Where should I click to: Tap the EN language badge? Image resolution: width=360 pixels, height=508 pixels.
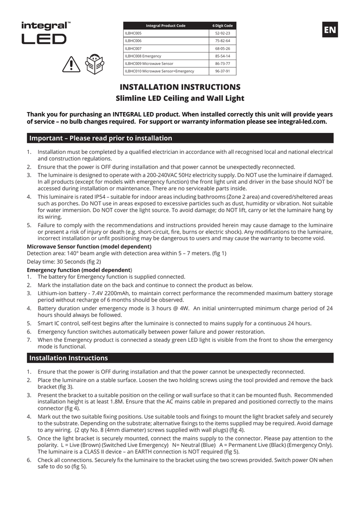click(329, 30)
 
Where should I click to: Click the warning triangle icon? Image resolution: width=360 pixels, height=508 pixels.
click(72, 64)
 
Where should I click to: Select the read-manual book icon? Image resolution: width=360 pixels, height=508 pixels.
click(95, 63)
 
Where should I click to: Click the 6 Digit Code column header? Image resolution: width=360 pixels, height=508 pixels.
click(222, 26)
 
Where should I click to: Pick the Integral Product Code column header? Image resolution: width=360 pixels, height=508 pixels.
click(165, 26)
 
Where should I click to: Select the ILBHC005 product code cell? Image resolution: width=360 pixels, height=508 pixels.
click(134, 33)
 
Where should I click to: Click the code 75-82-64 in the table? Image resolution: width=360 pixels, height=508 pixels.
click(222, 41)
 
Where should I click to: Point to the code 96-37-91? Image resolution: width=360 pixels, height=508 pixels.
click(222, 71)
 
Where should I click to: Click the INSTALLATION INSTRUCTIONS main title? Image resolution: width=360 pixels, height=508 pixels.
click(180, 87)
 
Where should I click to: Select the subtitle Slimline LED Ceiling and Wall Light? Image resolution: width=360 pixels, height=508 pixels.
click(180, 98)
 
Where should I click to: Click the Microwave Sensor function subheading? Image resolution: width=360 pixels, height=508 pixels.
click(89, 247)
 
